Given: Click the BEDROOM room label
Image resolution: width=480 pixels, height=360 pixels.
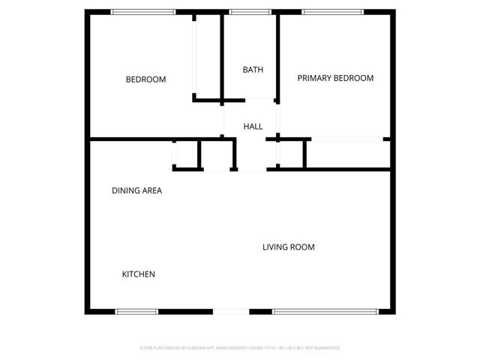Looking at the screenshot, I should click(x=145, y=79).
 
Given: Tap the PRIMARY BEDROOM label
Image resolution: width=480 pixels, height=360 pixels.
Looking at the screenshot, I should click(x=335, y=78).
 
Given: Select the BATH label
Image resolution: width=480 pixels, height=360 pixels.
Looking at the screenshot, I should click(x=253, y=70).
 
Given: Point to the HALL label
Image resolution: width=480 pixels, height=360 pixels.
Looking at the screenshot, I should click(x=253, y=126).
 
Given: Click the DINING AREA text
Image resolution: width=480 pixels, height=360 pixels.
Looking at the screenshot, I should click(x=136, y=190).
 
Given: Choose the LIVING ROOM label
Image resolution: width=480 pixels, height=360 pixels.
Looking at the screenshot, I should click(x=288, y=247).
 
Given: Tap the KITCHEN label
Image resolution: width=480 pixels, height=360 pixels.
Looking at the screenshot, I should click(x=139, y=274).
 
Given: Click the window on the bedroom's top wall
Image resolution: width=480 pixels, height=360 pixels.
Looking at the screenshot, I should click(x=142, y=12).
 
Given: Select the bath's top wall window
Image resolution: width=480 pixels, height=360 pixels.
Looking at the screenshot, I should click(x=250, y=12).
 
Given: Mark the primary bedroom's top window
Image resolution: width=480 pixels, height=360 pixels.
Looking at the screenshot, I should click(x=332, y=12).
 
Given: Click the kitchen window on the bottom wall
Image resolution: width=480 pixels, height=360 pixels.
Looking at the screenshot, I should click(x=136, y=311).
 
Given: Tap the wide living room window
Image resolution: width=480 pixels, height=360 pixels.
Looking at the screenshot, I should click(x=325, y=311).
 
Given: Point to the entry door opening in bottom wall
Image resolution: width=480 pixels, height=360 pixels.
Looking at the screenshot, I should click(x=231, y=311).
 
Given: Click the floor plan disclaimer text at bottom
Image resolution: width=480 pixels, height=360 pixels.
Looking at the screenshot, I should click(x=240, y=348).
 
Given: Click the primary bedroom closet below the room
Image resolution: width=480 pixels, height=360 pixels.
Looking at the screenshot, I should click(x=348, y=154).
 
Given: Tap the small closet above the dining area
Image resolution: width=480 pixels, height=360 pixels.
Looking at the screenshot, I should click(x=185, y=154).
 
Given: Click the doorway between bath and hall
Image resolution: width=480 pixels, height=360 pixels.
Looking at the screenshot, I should click(x=249, y=99).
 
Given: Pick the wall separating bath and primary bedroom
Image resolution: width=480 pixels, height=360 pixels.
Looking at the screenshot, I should click(x=278, y=56).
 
